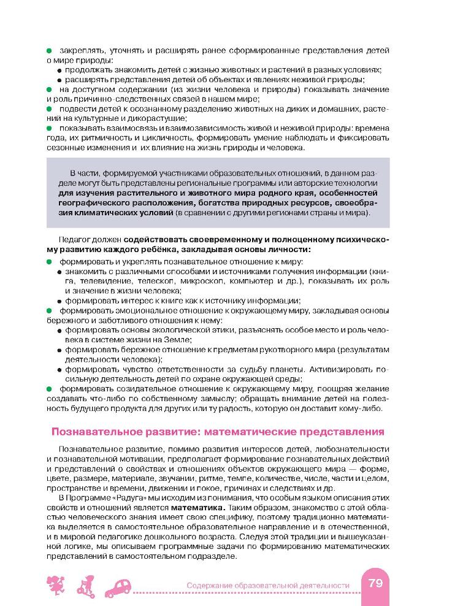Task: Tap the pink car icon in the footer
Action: pos(120,587)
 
